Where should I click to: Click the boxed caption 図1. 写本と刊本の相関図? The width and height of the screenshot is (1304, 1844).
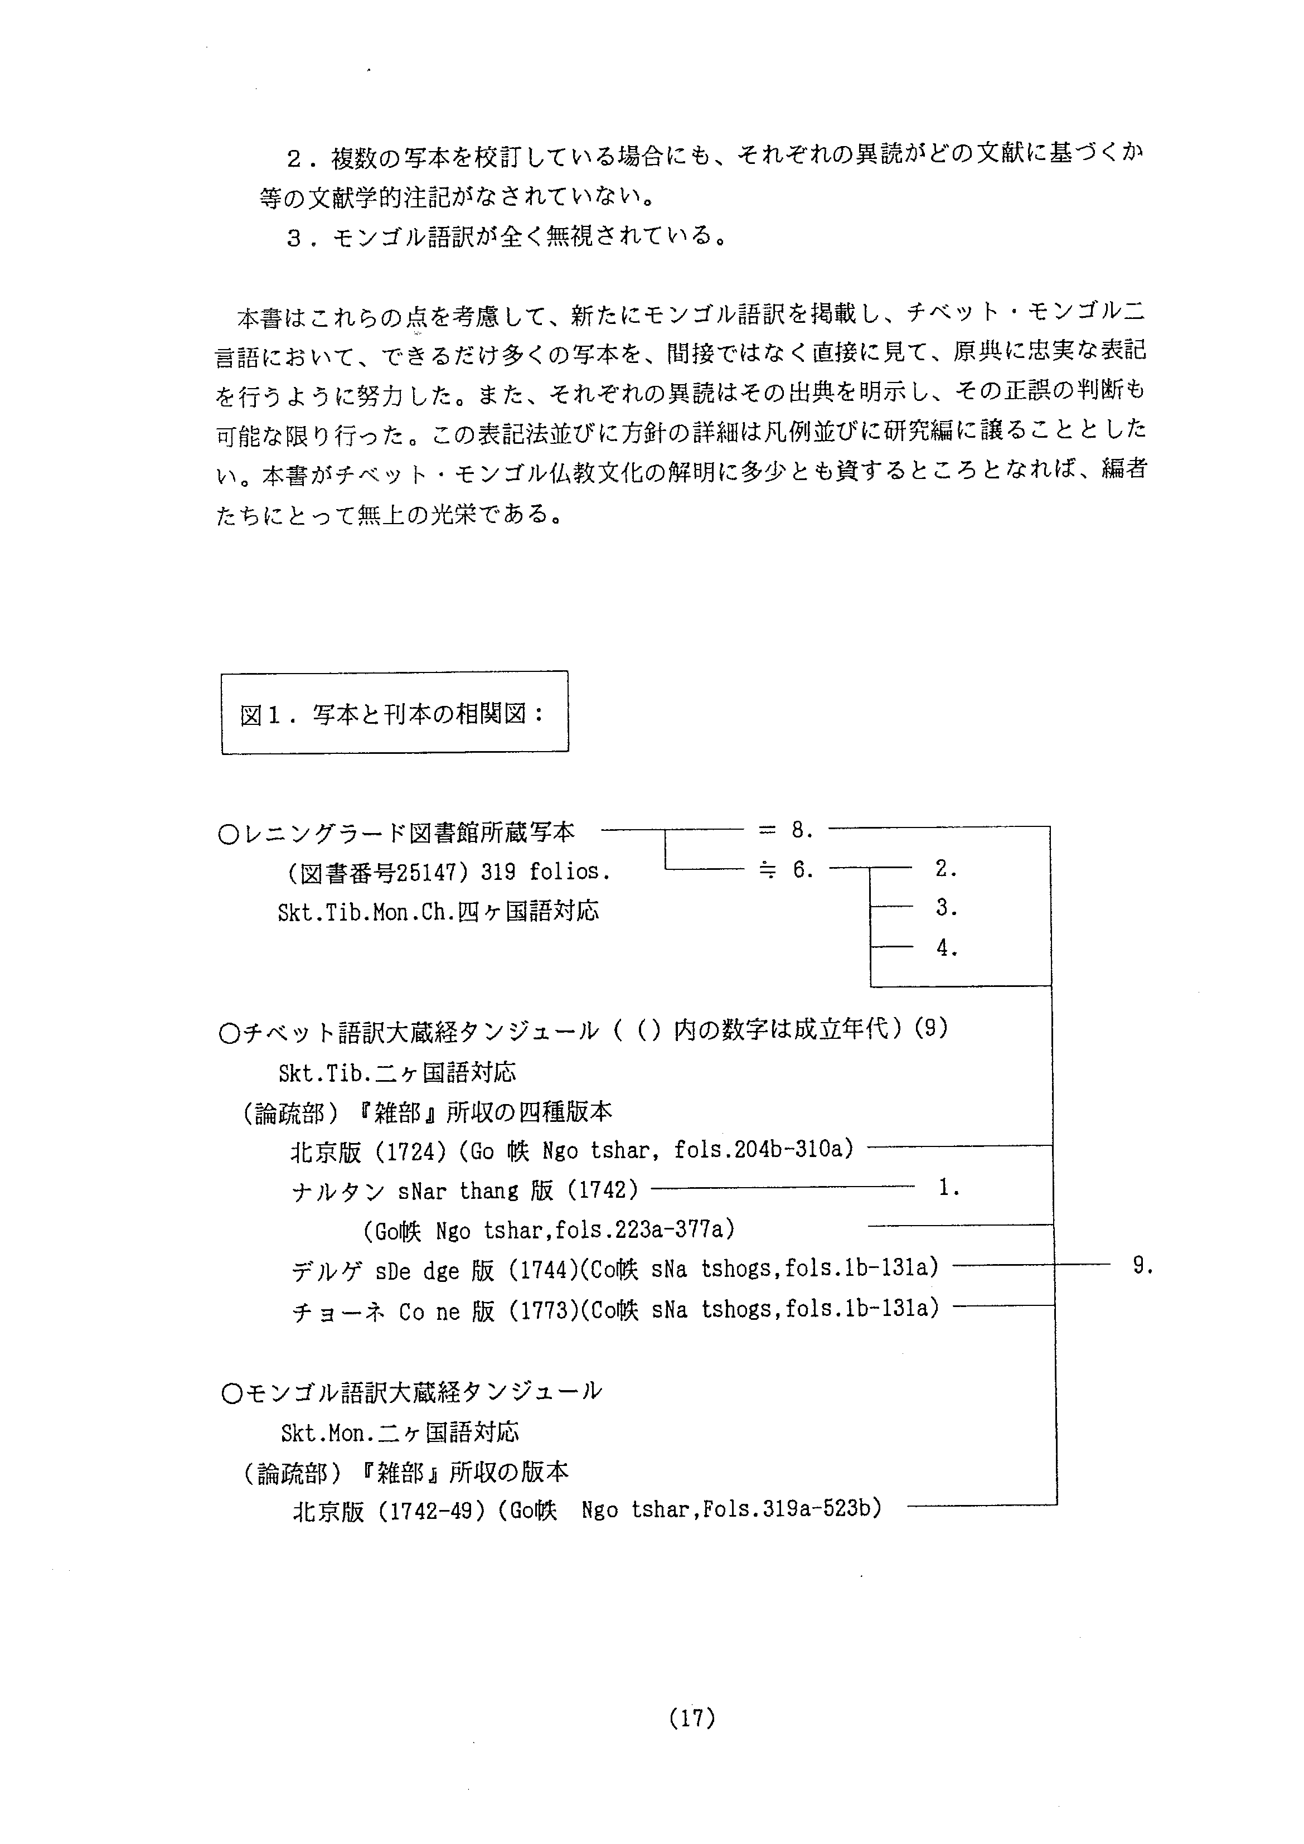394,713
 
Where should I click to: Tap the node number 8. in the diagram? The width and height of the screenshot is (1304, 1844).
801,830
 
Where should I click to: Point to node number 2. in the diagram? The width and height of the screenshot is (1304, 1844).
946,868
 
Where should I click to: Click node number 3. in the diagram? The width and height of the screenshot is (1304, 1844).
946,908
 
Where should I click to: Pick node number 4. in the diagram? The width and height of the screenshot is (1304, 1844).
946,948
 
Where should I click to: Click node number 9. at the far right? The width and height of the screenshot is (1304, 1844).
1142,1266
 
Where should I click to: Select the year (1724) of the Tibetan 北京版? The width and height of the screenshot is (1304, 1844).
410,1151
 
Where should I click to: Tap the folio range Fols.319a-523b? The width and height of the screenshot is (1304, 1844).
792,1510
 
